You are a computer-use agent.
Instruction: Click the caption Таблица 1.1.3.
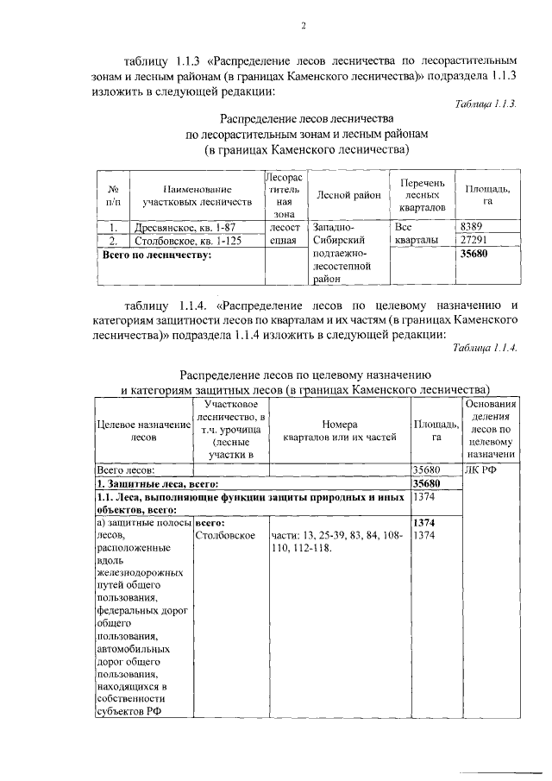486,104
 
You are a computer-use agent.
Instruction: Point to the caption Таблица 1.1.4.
485,348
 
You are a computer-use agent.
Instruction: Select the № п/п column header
112,195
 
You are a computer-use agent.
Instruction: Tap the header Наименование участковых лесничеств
198,195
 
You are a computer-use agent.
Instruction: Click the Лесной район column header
348,195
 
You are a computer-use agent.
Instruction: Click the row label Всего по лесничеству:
156,255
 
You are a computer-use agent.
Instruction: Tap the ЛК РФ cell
481,470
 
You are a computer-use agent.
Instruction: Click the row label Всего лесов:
126,470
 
